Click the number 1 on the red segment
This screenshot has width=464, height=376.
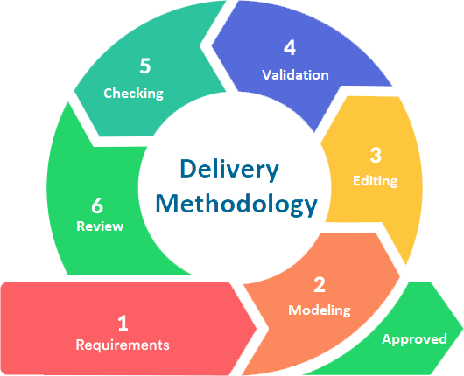[x=123, y=323]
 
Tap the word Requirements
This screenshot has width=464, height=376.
[x=123, y=345]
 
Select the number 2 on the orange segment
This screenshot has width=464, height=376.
[x=320, y=284]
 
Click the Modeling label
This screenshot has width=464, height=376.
[x=320, y=310]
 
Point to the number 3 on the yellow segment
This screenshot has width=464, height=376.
[x=376, y=156]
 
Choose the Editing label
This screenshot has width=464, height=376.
[x=375, y=181]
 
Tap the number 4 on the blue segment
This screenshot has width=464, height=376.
[x=290, y=48]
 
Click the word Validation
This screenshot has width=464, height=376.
[x=295, y=74]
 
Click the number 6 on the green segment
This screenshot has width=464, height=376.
[x=98, y=205]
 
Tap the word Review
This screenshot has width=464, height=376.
[x=100, y=226]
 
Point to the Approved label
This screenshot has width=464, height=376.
[x=414, y=338]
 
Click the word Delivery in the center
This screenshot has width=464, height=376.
[x=229, y=169]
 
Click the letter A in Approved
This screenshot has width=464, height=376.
[x=386, y=338]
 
